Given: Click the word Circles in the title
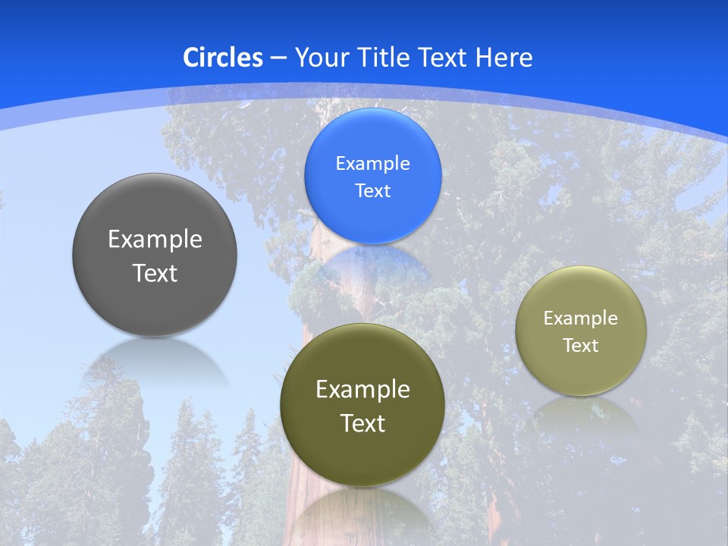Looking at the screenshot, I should [223, 58].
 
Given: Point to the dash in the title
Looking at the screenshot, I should [278, 58].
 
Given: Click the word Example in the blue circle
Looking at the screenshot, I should [372, 164].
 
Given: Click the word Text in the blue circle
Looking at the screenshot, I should [372, 190].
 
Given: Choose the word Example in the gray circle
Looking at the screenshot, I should [155, 240].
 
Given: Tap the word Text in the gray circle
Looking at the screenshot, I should [155, 273].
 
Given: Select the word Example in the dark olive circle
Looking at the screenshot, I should [362, 390].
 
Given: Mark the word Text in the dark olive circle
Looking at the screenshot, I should [362, 423].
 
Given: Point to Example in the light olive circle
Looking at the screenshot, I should [581, 318].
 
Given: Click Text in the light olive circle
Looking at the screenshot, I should [581, 345].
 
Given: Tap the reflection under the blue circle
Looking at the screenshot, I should [372, 262].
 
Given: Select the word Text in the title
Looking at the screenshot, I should [444, 58].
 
